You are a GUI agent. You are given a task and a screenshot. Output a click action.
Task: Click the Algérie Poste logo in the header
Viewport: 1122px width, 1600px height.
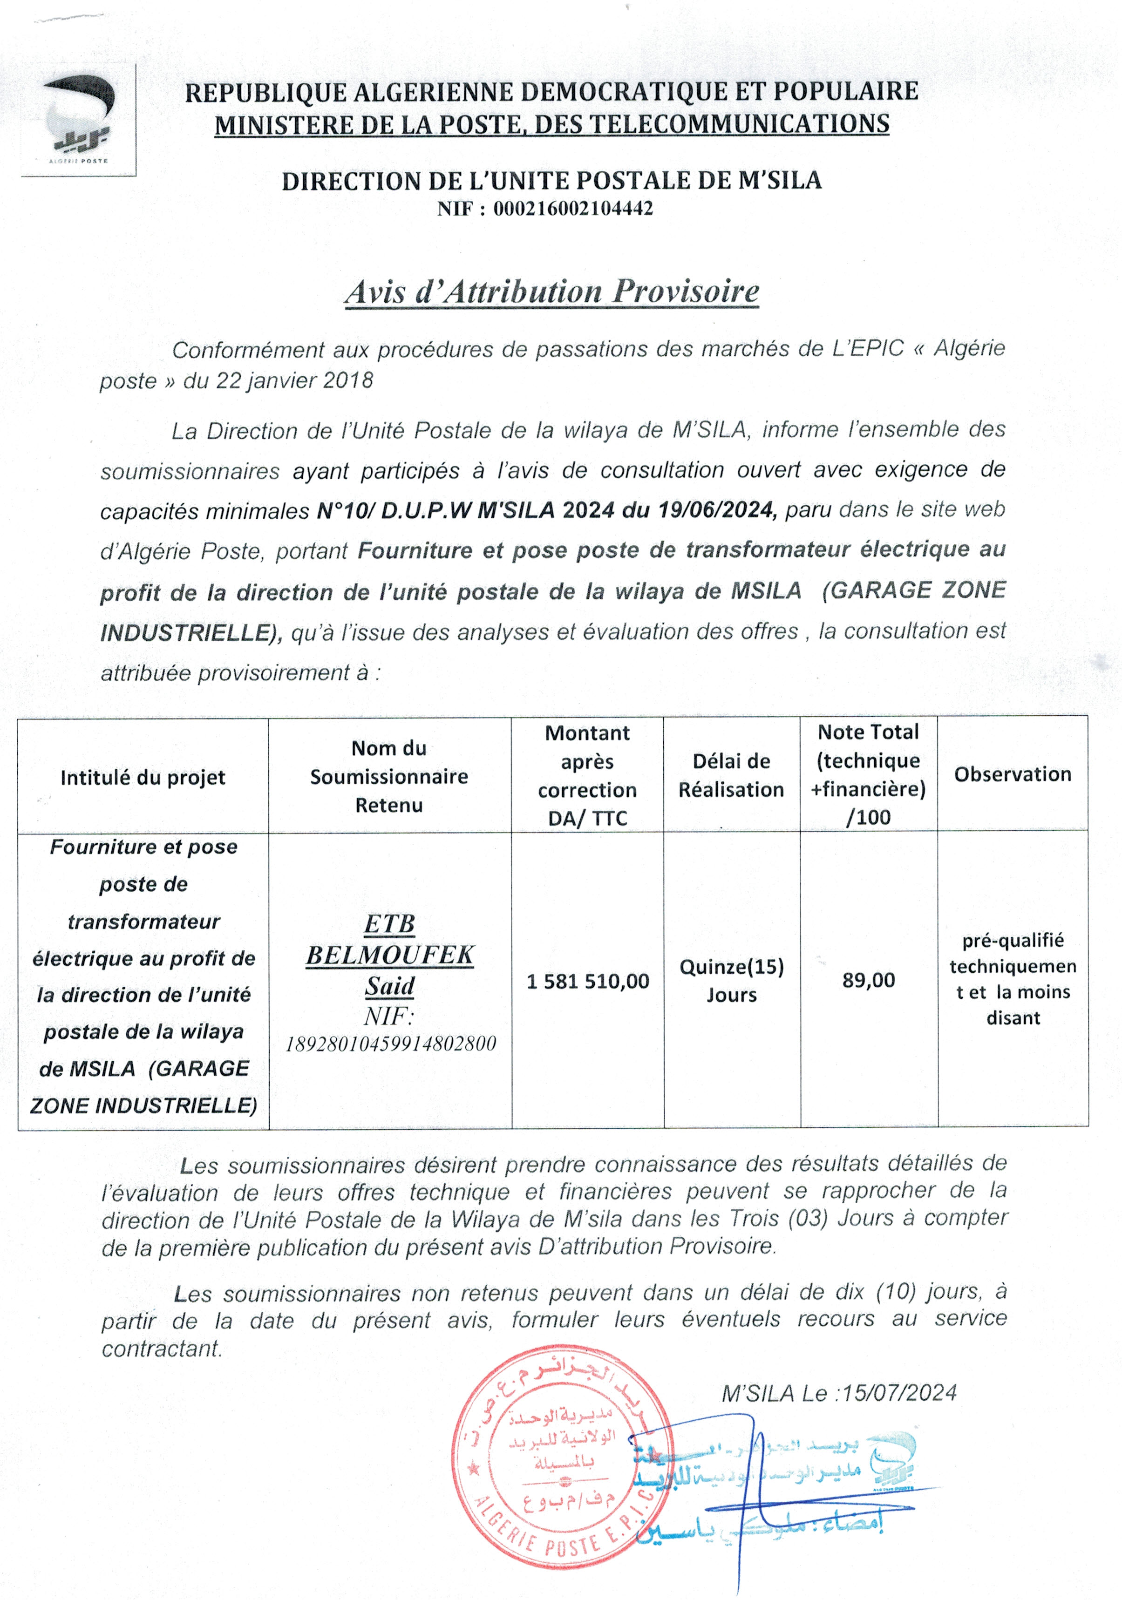tap(79, 120)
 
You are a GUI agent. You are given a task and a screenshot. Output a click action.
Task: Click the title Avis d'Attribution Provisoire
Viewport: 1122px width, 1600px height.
tap(551, 292)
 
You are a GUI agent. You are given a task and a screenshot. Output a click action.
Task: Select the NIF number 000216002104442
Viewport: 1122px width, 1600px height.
tap(573, 208)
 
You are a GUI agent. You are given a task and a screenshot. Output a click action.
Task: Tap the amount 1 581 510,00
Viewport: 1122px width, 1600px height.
tap(587, 981)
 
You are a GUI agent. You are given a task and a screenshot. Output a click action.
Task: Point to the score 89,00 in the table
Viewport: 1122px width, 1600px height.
tap(868, 980)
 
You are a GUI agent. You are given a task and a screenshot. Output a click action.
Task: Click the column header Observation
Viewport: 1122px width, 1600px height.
tap(1013, 774)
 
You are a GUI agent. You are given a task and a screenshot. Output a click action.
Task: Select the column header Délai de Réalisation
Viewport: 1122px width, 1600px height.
tap(731, 775)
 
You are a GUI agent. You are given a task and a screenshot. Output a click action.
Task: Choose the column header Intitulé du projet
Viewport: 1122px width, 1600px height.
tap(143, 777)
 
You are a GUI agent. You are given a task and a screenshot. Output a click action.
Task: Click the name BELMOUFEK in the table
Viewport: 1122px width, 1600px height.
tap(390, 955)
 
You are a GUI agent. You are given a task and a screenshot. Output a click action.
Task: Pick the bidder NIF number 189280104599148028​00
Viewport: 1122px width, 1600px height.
tap(391, 1043)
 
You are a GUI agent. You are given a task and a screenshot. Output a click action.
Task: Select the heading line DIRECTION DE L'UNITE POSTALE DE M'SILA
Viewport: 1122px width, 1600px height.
tap(551, 181)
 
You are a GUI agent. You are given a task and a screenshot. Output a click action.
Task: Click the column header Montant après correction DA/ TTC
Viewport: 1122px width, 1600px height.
tap(587, 775)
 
